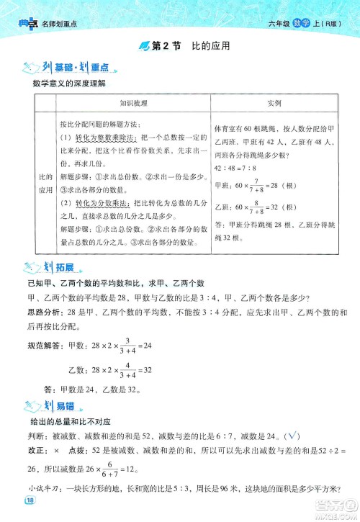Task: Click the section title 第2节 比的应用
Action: pos(186,46)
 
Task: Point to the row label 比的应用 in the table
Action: pos(46,182)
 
